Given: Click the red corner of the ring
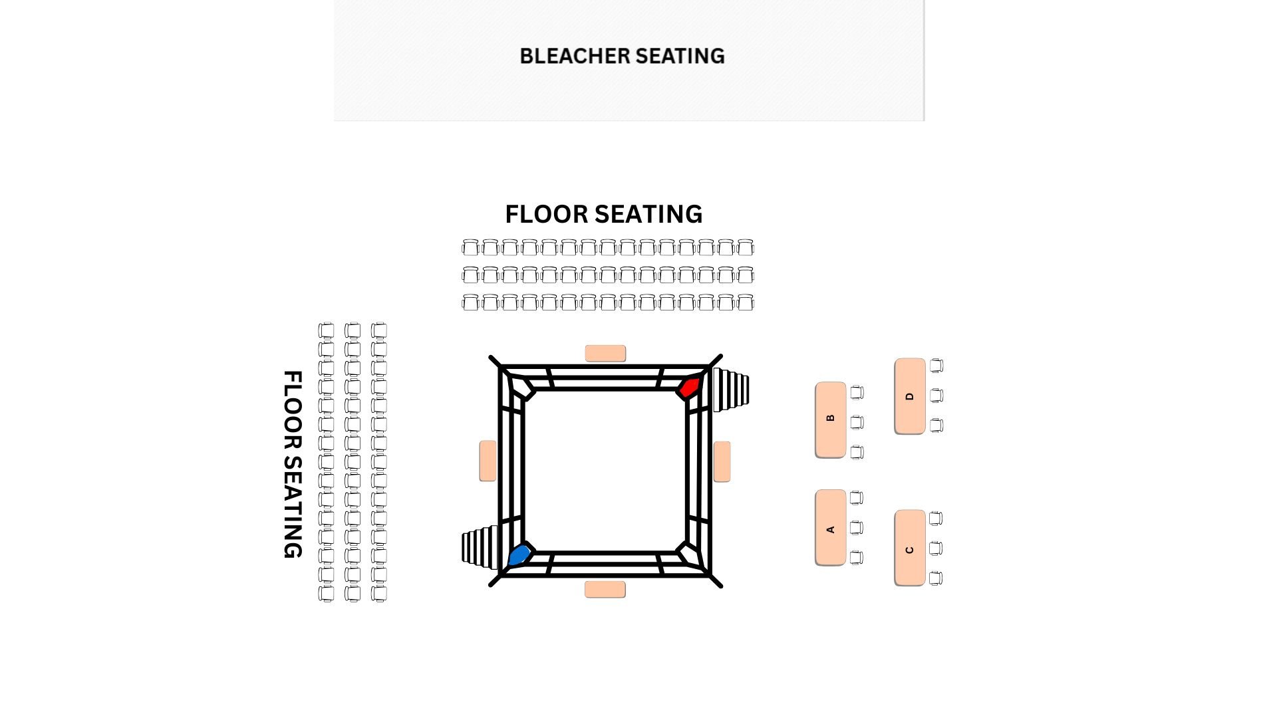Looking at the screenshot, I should click(x=689, y=387).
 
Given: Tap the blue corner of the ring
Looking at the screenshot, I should click(x=519, y=554).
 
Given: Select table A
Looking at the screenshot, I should click(x=830, y=528).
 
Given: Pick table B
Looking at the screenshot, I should click(x=830, y=419).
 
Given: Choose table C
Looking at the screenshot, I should click(x=909, y=548).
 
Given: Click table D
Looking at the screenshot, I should click(x=909, y=396).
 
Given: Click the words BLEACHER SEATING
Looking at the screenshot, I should click(x=622, y=57).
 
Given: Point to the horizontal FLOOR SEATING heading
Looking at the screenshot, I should click(x=603, y=214).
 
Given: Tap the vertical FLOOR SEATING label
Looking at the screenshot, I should click(x=293, y=464).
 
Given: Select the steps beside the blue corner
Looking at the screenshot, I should click(x=480, y=547).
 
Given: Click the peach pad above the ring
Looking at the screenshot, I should click(x=605, y=353).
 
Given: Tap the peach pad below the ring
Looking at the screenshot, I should click(x=605, y=589).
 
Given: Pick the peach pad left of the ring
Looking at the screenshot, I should click(x=488, y=460).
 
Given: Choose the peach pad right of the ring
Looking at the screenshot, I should click(x=722, y=461).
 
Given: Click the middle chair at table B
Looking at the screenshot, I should click(x=857, y=422).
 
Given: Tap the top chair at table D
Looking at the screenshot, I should click(x=936, y=366).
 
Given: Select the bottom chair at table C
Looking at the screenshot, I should click(x=935, y=578).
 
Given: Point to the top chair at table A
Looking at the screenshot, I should click(x=857, y=497).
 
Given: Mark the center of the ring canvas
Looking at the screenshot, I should click(x=605, y=471).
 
